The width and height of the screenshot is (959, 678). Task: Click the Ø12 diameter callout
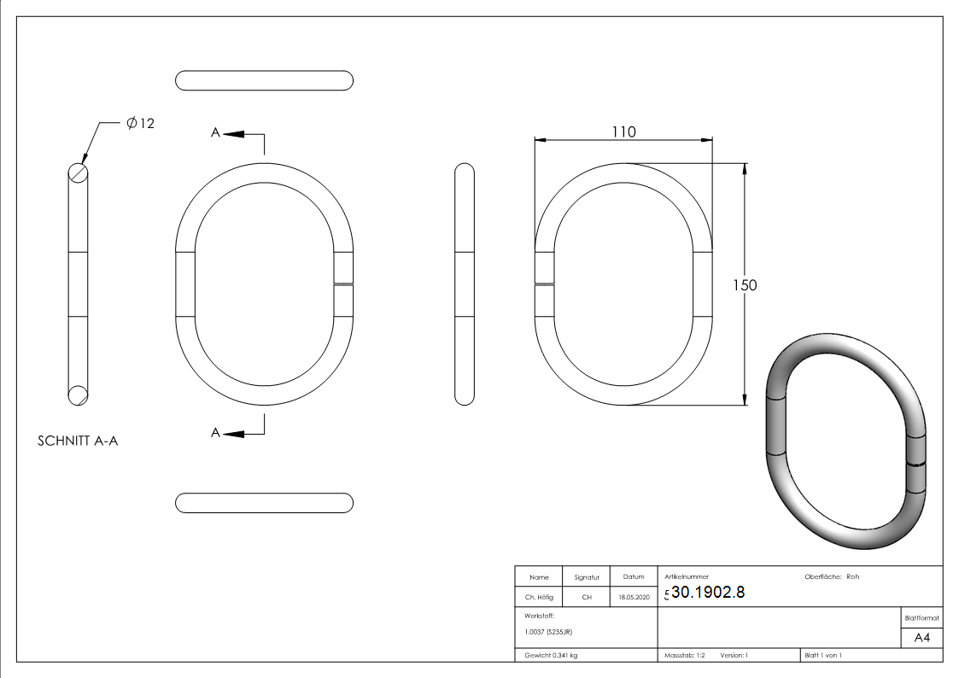(140, 124)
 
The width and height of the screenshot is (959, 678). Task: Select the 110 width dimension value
(623, 132)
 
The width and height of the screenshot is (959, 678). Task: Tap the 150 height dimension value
(745, 285)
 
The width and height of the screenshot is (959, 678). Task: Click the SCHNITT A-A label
(78, 441)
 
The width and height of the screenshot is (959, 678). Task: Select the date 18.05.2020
(634, 598)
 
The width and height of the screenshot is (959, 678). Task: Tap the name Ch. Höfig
(539, 598)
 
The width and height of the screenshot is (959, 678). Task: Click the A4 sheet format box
(922, 638)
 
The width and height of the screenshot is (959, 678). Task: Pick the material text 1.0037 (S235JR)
(548, 632)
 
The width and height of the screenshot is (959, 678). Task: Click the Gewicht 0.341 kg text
(551, 656)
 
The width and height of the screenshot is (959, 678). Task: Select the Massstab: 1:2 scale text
(685, 656)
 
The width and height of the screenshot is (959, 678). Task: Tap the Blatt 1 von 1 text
(823, 656)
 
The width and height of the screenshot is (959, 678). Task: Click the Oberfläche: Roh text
(832, 577)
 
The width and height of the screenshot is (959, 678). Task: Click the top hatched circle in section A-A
(78, 173)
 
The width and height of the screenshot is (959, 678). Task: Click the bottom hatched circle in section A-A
(78, 394)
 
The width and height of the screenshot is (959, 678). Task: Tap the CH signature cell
(587, 598)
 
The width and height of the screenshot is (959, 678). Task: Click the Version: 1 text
(734, 656)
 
